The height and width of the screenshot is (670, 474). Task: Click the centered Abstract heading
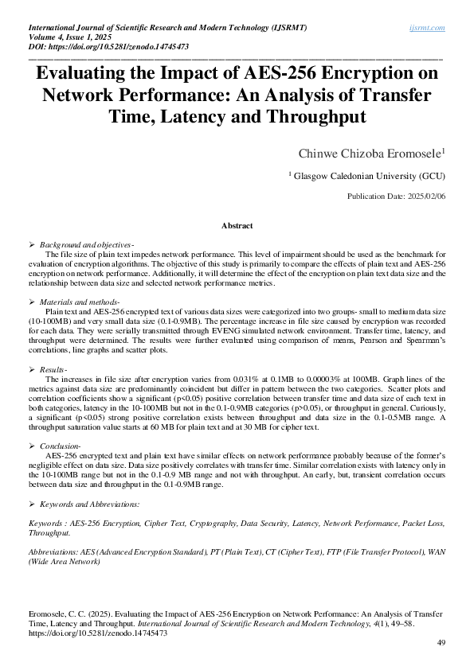[x=237, y=226]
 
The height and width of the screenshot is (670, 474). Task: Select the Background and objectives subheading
[x=86, y=243]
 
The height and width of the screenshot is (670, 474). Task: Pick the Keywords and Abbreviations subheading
[x=89, y=504]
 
